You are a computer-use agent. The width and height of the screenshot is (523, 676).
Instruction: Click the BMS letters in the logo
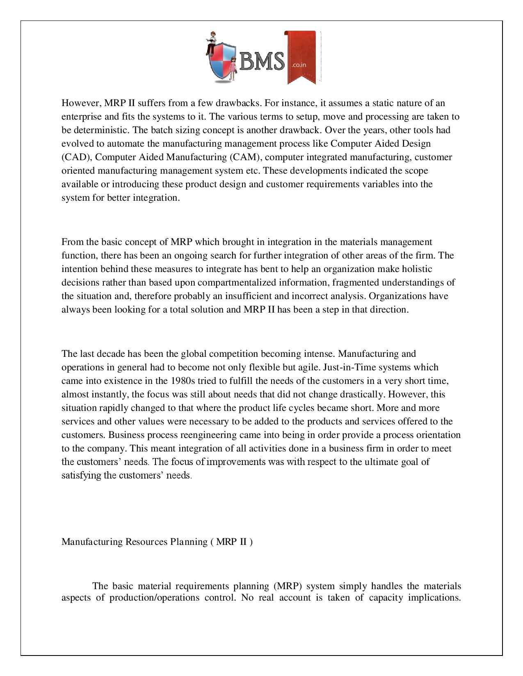261,61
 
